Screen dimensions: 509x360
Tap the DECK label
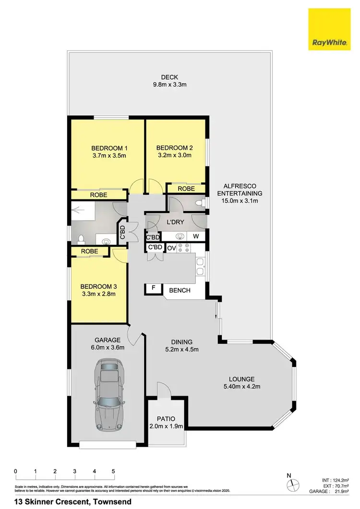click(169, 77)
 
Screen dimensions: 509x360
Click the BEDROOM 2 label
click(174, 147)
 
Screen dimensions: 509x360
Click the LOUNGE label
click(241, 379)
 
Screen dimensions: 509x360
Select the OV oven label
click(171, 248)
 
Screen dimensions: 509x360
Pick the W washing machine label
click(195, 236)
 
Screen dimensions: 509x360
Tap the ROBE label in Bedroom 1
click(99, 195)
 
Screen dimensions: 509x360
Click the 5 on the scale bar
click(113, 471)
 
